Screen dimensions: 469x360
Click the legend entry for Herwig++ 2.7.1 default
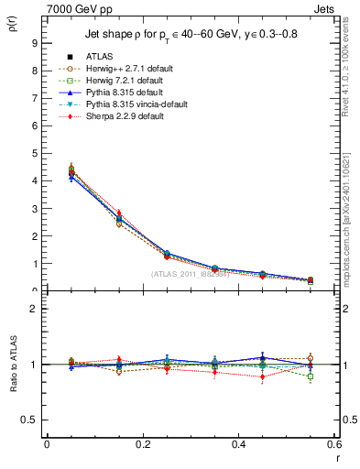pos(118,81)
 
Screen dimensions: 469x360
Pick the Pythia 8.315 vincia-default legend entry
pos(124,104)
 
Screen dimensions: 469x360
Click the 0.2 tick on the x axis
pos(142,445)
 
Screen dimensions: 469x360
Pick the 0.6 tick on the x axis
pos(333,445)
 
